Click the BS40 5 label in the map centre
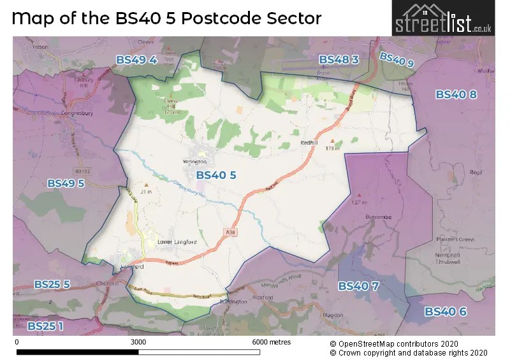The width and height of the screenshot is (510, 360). click(216, 175)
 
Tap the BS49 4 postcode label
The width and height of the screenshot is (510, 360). click(136, 60)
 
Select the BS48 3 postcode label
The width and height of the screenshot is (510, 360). click(339, 59)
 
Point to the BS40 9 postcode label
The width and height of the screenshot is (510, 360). click(397, 61)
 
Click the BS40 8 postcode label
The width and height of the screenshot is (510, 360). click(456, 94)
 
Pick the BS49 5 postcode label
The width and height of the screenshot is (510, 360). click(66, 183)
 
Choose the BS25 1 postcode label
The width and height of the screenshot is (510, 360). click(45, 326)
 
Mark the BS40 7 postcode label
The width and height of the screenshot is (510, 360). click(358, 286)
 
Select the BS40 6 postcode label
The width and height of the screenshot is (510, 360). click(446, 312)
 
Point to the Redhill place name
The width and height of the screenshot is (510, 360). click(309, 143)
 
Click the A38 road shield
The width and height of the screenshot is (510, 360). click(229, 233)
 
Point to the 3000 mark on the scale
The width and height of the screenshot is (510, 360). click(138, 342)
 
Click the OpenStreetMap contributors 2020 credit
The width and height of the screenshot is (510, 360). click(408, 343)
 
